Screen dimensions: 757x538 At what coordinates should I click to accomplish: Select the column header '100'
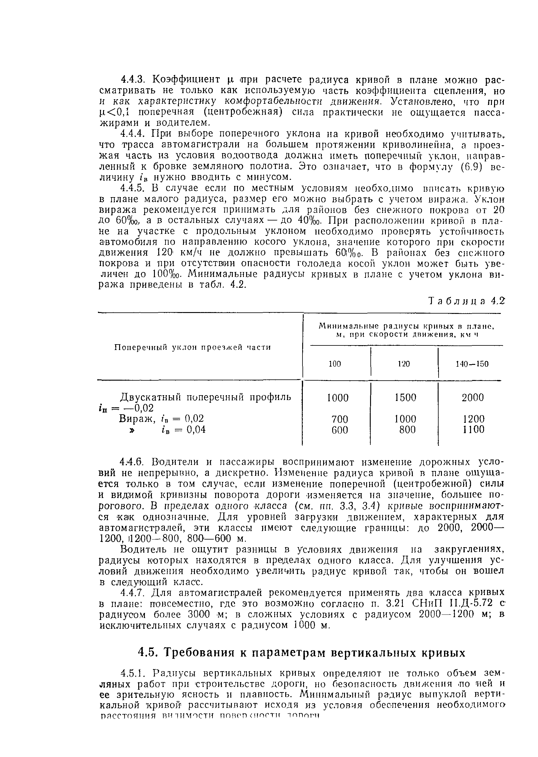click(335, 364)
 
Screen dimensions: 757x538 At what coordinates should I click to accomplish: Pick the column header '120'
click(403, 364)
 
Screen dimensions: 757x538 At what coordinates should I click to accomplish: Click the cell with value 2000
click(473, 397)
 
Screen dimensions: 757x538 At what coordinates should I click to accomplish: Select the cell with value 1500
click(405, 397)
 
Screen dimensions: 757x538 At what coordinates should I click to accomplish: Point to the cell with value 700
click(339, 419)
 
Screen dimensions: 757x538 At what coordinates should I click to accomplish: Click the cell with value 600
click(339, 430)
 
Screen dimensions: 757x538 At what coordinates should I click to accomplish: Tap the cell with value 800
click(407, 430)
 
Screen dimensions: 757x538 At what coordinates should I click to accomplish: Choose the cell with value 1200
click(474, 419)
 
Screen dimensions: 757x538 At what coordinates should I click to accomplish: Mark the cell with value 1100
click(474, 430)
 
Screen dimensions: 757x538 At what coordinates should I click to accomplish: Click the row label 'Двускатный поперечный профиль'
click(206, 397)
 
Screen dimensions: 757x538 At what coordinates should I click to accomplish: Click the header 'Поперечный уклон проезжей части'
click(192, 347)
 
